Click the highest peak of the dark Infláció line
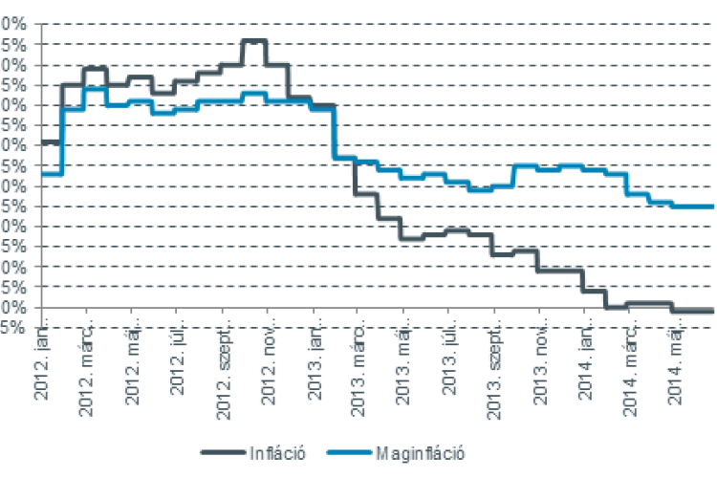[253, 41]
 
